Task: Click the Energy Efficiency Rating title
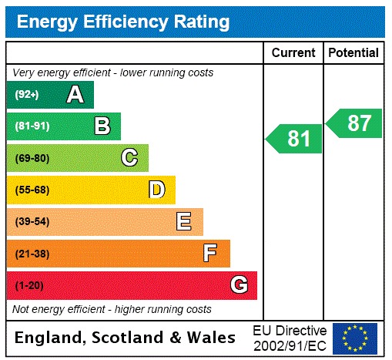pos(123,22)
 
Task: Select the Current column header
pos(293,53)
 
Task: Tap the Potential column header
pos(353,53)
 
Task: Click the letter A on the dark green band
pos(75,95)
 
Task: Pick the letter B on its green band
pos(102,126)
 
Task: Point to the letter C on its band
pos(129,158)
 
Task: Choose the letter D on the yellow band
pos(156,190)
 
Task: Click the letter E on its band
pos(183,222)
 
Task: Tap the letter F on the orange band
pos(210,254)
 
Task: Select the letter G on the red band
pos(239,285)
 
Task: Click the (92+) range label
pos(27,95)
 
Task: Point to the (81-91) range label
pos(32,126)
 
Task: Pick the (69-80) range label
pos(32,158)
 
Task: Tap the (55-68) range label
pos(32,190)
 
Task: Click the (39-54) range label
pos(32,222)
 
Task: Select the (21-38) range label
pos(32,254)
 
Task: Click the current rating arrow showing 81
pos(295,139)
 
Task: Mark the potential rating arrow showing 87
pos(355,123)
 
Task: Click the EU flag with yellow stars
pos(354,338)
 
